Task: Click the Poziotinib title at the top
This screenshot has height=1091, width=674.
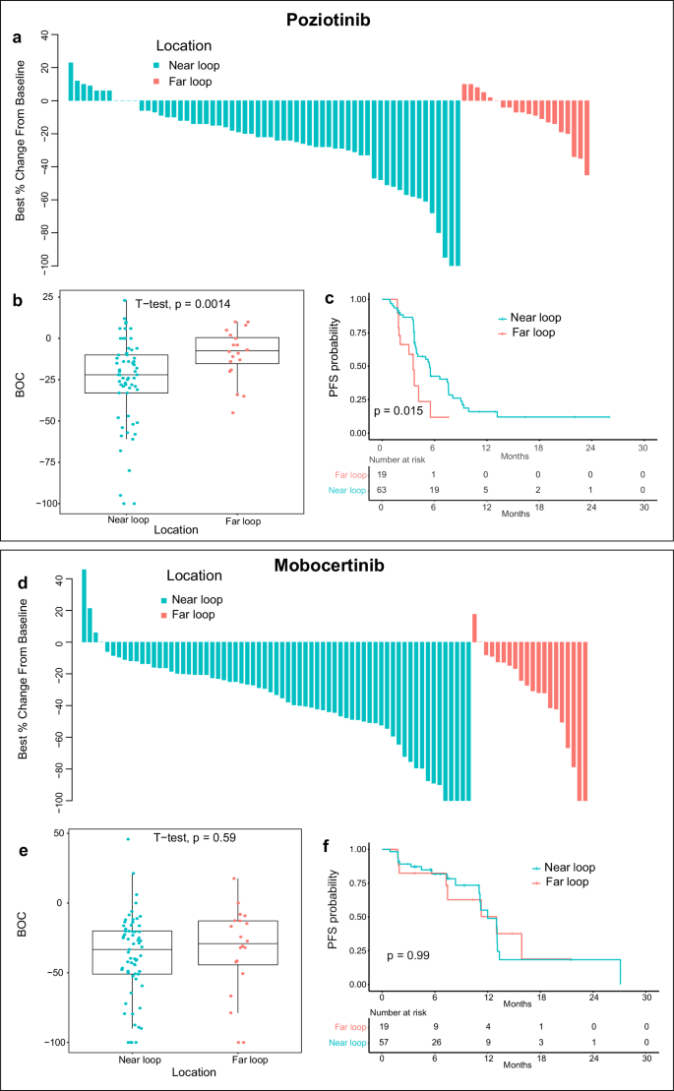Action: pos(337,20)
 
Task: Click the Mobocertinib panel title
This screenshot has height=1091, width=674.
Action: pos(337,568)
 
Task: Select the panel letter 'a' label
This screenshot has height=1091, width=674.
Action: pos(17,38)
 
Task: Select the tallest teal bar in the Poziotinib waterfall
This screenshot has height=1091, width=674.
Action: pos(71,81)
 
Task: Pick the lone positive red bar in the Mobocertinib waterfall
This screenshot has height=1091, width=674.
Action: pos(474,628)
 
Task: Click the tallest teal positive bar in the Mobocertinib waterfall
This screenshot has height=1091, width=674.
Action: pos(84,605)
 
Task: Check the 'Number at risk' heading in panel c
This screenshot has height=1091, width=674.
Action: pos(398,458)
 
